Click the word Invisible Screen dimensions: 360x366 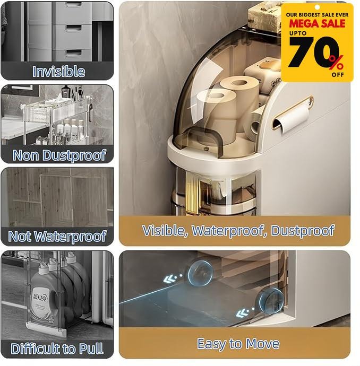[x=58, y=72]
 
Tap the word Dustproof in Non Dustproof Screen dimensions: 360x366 [x=74, y=155]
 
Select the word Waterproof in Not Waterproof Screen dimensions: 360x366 [x=70, y=236]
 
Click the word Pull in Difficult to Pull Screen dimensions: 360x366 [x=91, y=348]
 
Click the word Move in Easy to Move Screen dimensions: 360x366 [x=263, y=344]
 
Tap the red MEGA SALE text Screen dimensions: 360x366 [x=317, y=23]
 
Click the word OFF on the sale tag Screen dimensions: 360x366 [x=338, y=75]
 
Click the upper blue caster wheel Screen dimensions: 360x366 [x=200, y=273]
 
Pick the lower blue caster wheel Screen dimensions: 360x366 [x=271, y=300]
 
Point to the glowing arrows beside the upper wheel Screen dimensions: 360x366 [x=173, y=278]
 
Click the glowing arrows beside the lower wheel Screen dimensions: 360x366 [x=244, y=312]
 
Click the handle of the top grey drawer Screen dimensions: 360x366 [x=73, y=4]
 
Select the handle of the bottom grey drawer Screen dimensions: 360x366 [x=74, y=53]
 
